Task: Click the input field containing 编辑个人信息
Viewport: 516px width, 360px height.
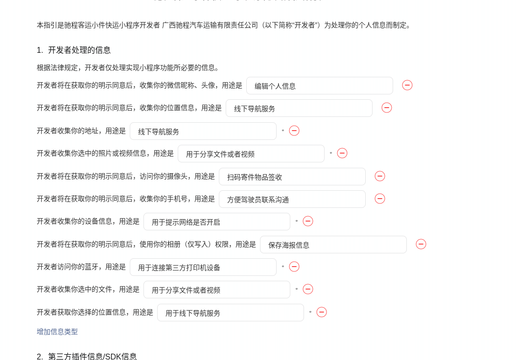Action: (319, 86)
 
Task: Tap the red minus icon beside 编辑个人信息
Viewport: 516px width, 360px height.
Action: (407, 85)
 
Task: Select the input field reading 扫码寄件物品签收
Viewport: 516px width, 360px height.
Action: (292, 177)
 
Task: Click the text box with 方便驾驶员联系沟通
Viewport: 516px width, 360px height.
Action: (292, 199)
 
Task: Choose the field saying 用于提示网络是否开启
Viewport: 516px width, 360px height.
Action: (216, 222)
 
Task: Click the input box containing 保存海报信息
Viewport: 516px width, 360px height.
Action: (333, 245)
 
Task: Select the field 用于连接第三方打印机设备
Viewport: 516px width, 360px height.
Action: (203, 267)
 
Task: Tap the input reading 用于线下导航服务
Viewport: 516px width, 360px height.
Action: (230, 313)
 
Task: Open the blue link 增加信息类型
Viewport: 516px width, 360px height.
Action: (57, 332)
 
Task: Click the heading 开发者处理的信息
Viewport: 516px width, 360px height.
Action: (79, 50)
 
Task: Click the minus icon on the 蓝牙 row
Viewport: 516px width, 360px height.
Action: (294, 267)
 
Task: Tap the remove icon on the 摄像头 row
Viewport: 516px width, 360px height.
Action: (380, 176)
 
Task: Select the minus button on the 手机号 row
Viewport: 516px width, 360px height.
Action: (380, 199)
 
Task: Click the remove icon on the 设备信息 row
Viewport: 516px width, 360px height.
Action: (308, 221)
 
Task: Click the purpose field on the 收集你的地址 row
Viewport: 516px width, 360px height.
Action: (203, 131)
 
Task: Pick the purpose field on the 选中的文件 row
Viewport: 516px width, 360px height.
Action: (216, 290)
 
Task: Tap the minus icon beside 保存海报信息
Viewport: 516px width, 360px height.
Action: (421, 244)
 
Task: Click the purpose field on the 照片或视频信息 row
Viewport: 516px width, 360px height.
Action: (251, 154)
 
